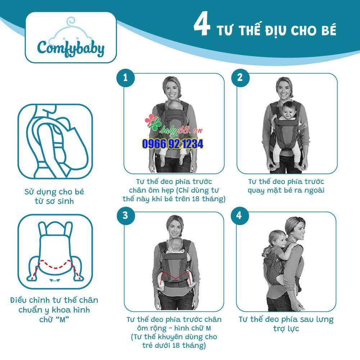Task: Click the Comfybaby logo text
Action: [71, 49]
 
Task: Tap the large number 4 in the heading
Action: [202, 24]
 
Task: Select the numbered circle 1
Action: [126, 77]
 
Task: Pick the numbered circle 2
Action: [240, 77]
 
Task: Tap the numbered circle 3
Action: [126, 215]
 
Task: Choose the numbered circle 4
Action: [240, 215]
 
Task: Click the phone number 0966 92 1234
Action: [173, 144]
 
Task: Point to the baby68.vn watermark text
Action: [181, 130]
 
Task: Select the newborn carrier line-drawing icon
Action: [55, 141]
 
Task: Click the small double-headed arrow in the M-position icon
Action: [55, 280]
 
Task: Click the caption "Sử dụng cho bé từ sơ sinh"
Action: [54, 197]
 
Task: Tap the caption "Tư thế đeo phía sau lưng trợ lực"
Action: [286, 324]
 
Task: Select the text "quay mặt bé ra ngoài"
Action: [286, 190]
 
